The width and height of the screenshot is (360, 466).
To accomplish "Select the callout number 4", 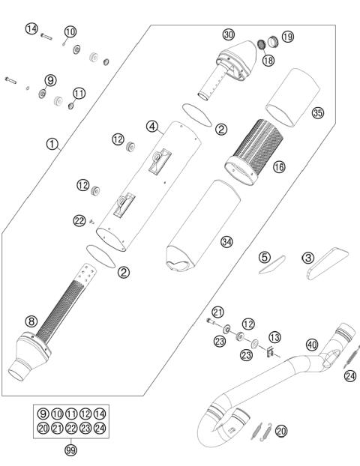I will (152, 127).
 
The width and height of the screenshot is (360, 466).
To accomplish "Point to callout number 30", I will (229, 34).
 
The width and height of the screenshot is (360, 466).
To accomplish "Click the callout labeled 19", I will (287, 37).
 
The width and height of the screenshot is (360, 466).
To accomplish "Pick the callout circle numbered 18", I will (267, 59).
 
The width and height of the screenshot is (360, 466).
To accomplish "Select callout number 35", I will (318, 113).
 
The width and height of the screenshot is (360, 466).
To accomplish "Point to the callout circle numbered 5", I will (264, 257).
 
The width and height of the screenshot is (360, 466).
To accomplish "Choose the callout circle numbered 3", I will (307, 257).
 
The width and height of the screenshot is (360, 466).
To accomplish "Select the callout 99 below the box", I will (71, 450).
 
